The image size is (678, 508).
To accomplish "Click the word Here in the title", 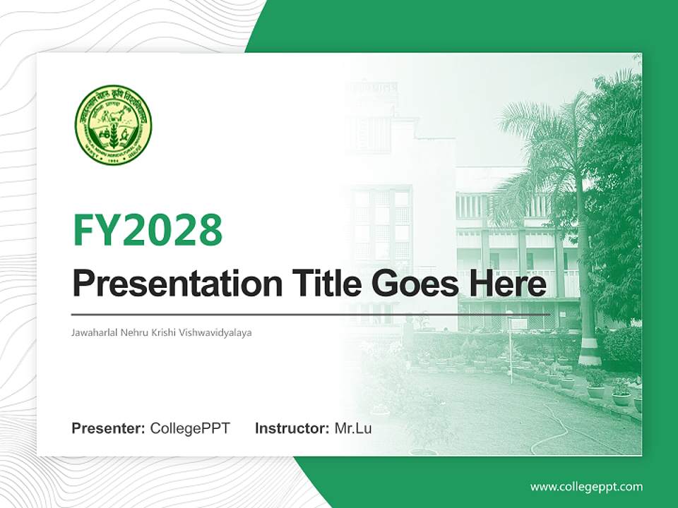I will click(x=508, y=284).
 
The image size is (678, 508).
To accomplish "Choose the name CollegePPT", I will click(x=190, y=428).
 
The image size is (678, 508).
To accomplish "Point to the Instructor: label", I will click(x=292, y=428).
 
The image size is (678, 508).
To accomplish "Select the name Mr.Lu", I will click(x=353, y=428).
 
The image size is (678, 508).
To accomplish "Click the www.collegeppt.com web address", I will click(x=586, y=487).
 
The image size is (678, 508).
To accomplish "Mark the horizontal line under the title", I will click(x=311, y=314).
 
